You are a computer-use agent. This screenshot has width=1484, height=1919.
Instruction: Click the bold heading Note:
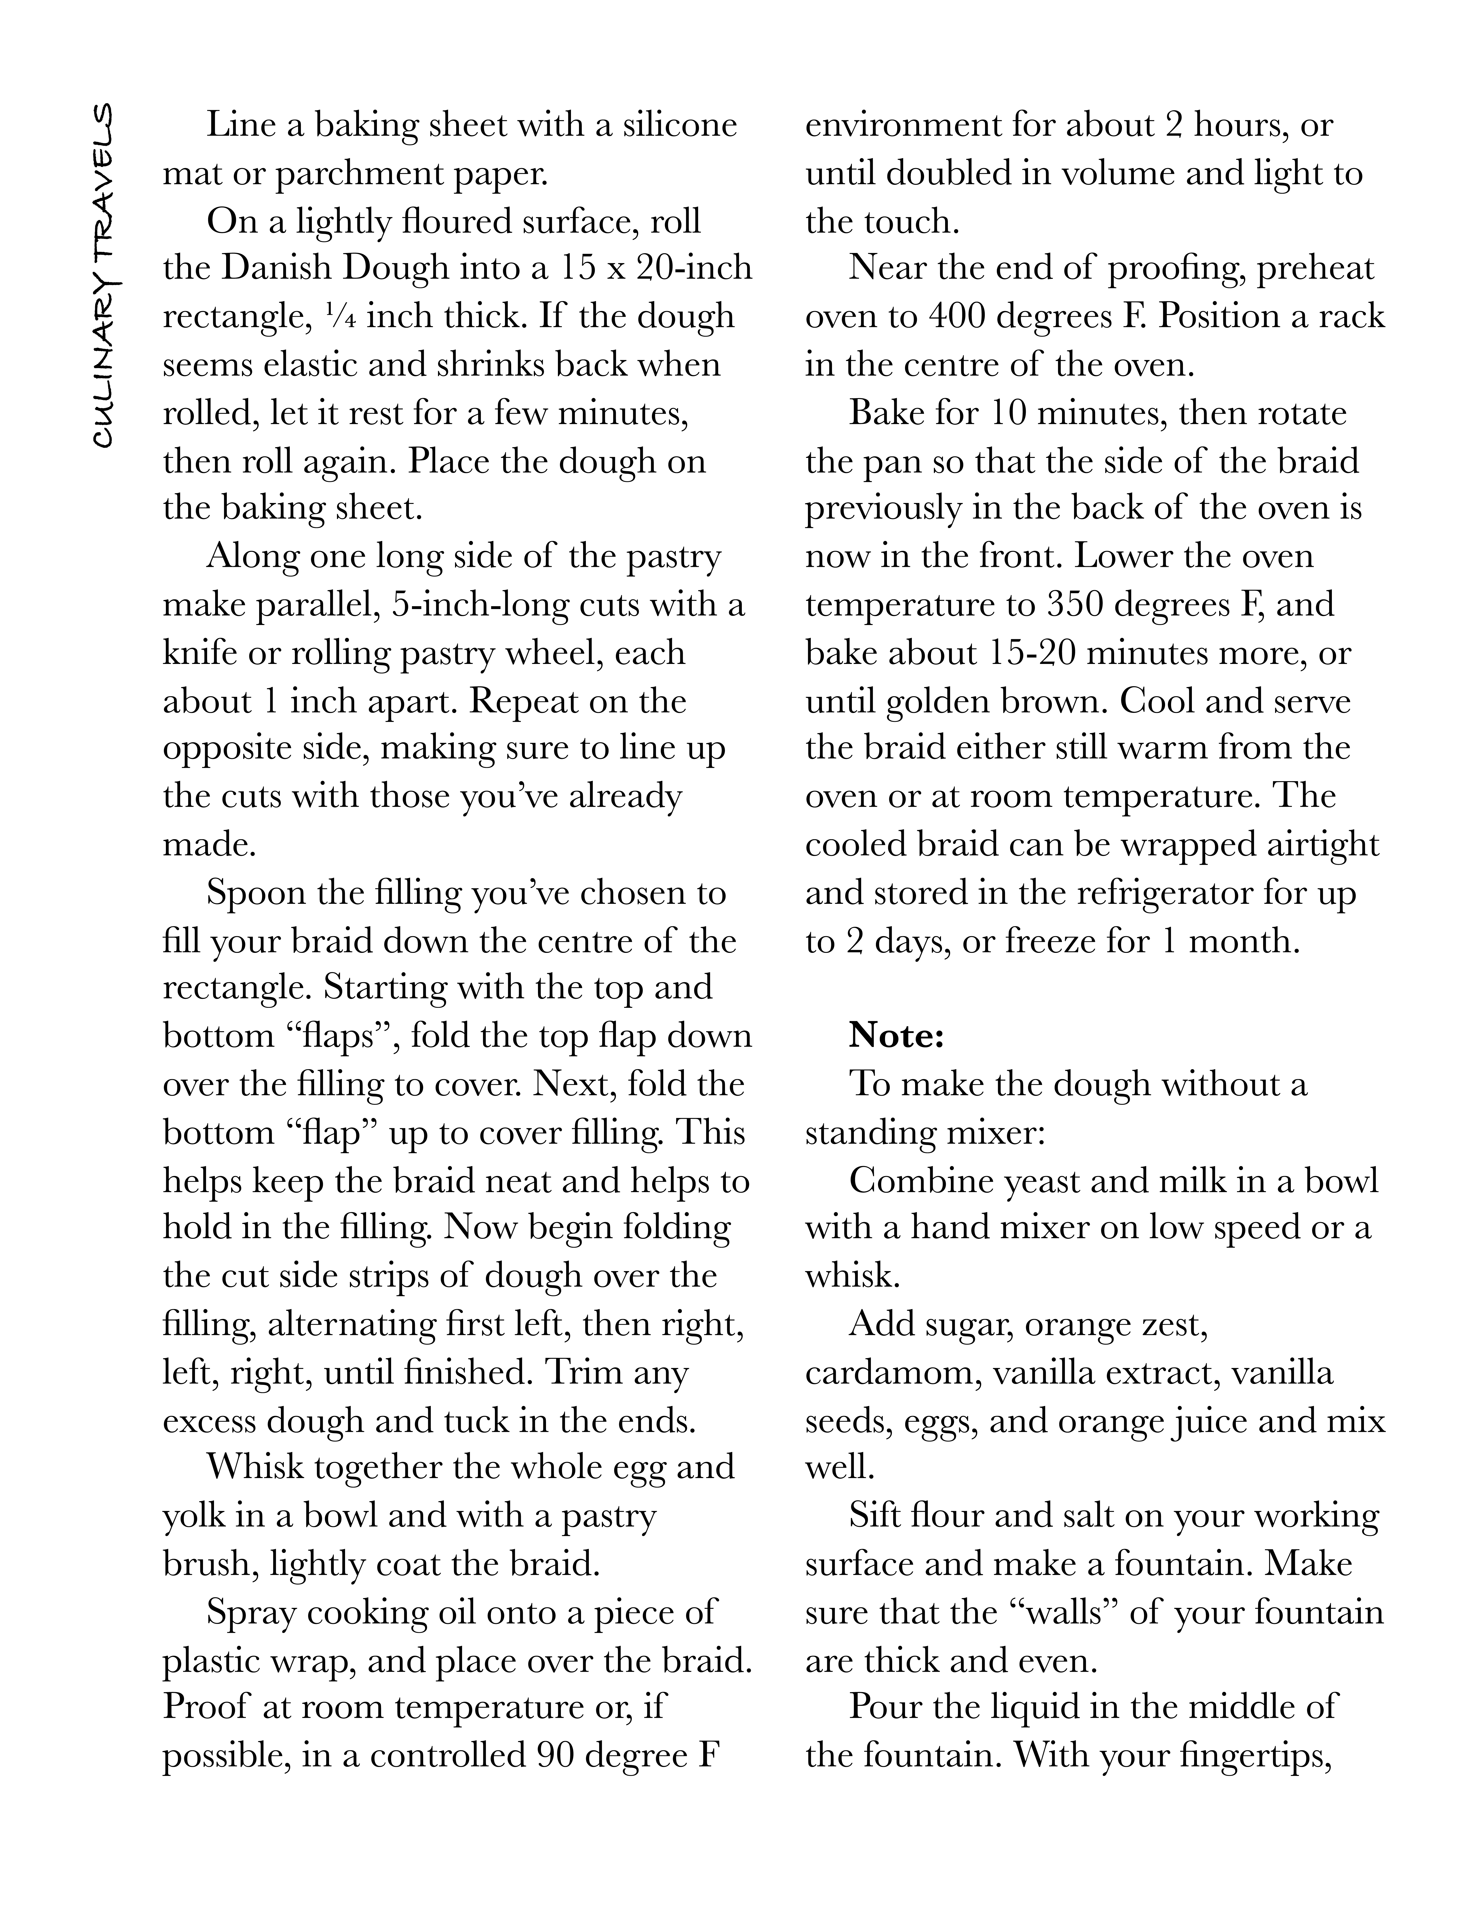tap(896, 1036)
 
